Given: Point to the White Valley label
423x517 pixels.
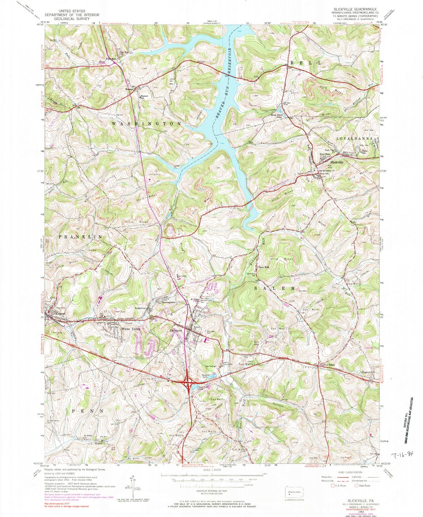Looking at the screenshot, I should (131, 329).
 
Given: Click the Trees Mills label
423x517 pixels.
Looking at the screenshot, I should (263, 267).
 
